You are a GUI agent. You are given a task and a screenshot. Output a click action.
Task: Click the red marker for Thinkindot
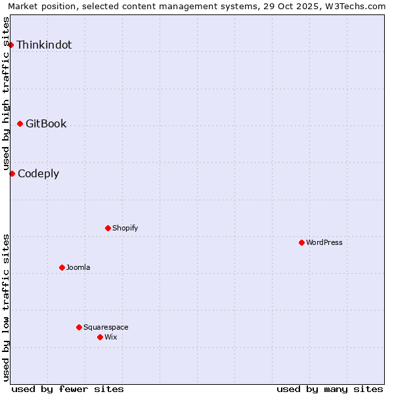pyautogui.click(x=11, y=45)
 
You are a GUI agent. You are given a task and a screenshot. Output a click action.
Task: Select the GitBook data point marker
pyautogui.click(x=20, y=123)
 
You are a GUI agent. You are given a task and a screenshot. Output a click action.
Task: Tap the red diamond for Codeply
pyautogui.click(x=12, y=173)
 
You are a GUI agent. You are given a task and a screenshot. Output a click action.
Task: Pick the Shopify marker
pyautogui.click(x=108, y=228)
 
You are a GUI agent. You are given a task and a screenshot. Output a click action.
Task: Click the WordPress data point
pyautogui.click(x=301, y=242)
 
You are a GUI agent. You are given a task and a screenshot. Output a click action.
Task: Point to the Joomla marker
pyautogui.click(x=62, y=267)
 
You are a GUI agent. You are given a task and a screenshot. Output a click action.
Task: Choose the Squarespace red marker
pyautogui.click(x=79, y=327)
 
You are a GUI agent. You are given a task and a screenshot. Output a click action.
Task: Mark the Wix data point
pyautogui.click(x=100, y=337)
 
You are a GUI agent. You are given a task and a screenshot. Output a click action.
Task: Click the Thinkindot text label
pyautogui.click(x=44, y=45)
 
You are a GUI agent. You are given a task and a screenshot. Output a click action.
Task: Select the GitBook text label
pyautogui.click(x=46, y=124)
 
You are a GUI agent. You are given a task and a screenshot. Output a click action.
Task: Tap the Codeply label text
pyautogui.click(x=38, y=174)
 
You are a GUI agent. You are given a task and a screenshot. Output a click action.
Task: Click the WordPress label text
pyautogui.click(x=324, y=243)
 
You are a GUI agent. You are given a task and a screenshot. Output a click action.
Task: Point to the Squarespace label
pyautogui.click(x=106, y=328)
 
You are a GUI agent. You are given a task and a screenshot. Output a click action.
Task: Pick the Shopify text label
pyautogui.click(x=125, y=229)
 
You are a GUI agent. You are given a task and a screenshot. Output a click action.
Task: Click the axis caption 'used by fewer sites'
pyautogui.click(x=68, y=389)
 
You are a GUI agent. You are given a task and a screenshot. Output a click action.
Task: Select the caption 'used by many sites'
pyautogui.click(x=330, y=389)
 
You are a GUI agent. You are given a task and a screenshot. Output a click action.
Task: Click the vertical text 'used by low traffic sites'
pyautogui.click(x=7, y=307)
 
